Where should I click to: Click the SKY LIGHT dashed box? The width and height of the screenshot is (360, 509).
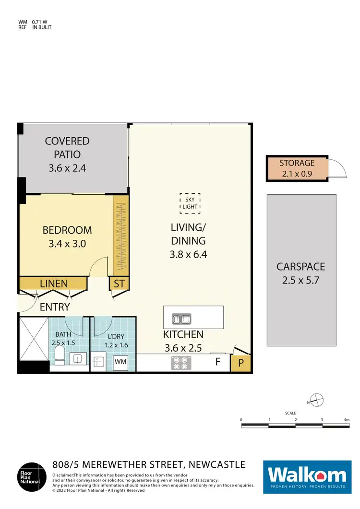[190, 203]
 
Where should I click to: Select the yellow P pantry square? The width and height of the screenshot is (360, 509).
[241, 363]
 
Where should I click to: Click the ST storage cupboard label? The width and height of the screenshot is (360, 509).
[119, 284]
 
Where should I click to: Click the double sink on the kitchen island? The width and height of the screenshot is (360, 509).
[181, 318]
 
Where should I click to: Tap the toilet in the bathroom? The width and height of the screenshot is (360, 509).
[59, 355]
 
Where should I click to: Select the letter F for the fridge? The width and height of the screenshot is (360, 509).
[217, 362]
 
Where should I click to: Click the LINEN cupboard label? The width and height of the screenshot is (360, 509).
[54, 284]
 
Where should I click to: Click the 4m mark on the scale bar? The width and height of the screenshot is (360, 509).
[347, 420]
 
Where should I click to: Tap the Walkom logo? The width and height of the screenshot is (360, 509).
[307, 475]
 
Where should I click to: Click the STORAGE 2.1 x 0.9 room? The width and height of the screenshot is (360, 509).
[297, 168]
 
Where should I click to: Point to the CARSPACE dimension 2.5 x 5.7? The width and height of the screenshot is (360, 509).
[301, 280]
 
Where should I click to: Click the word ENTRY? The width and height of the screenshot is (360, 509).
[55, 307]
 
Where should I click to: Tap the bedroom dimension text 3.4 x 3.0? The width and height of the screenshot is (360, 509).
[67, 243]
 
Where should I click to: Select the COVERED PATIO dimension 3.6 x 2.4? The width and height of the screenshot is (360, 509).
[67, 168]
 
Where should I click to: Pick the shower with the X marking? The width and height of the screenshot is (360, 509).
[34, 339]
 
